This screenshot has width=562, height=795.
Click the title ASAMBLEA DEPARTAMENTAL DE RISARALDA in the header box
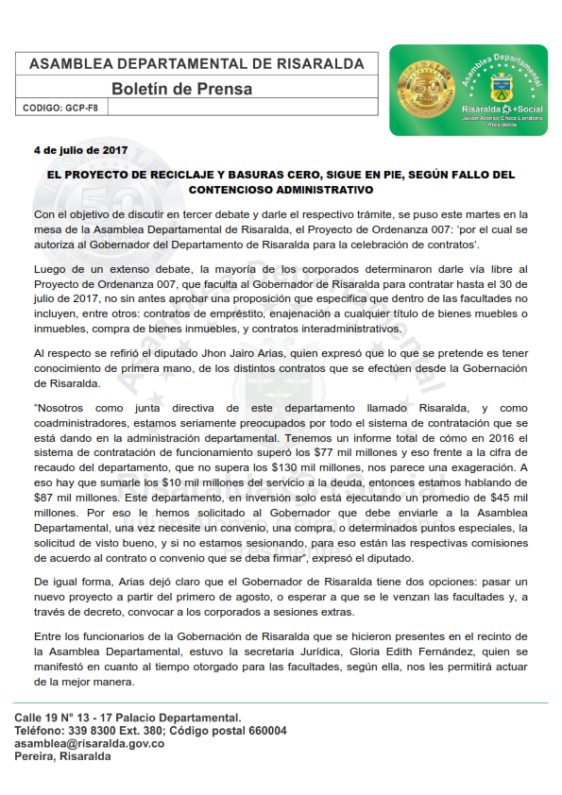pos(196,64)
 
